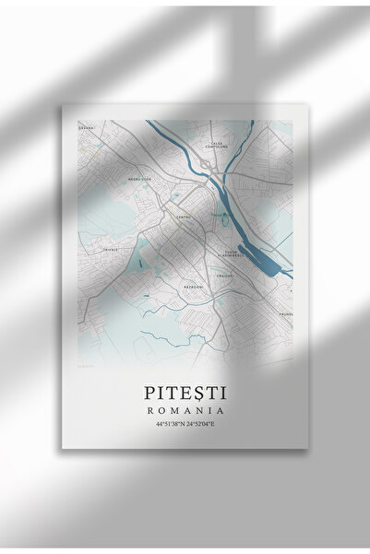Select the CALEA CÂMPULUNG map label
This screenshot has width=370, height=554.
click(x=218, y=146)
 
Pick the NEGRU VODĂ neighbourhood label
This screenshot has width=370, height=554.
click(x=116, y=181)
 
